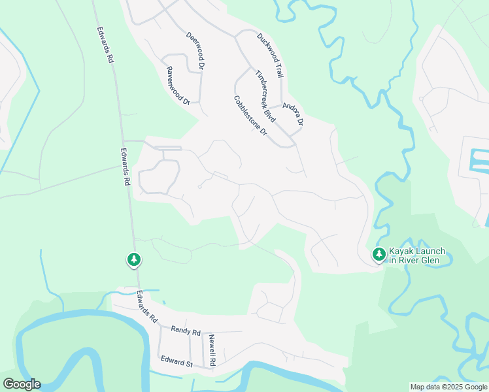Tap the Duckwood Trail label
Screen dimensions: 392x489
[x=270, y=46]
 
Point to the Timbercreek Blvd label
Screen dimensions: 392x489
[x=264, y=95]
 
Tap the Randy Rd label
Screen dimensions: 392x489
[x=186, y=331]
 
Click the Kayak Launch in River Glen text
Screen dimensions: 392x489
[x=417, y=255]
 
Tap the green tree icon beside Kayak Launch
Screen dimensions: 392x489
[x=379, y=254]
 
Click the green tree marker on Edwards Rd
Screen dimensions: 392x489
[x=134, y=260]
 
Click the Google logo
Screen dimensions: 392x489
[x=22, y=384]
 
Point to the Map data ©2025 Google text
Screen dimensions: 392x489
[x=449, y=387]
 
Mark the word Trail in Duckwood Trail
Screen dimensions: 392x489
[x=277, y=55]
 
